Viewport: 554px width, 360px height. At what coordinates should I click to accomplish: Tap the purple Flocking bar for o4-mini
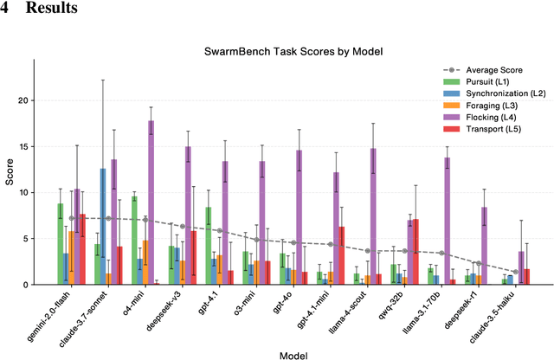[151, 202]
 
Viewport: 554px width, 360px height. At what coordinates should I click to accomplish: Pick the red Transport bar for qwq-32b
[415, 252]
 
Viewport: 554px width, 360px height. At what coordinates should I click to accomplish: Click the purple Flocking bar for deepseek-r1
[484, 246]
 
